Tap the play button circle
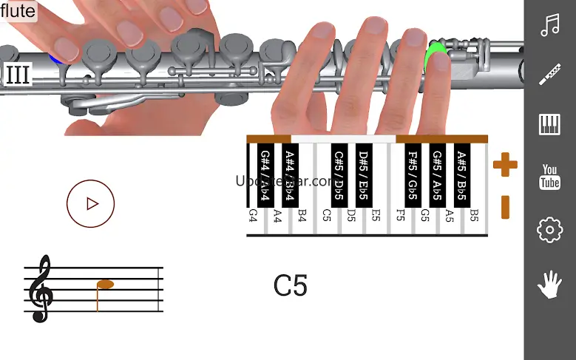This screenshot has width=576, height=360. [91, 203]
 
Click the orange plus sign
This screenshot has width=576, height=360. [505, 164]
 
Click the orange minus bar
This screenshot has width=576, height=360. [505, 207]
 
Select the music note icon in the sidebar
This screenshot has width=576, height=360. [549, 27]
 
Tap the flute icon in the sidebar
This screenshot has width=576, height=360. [549, 75]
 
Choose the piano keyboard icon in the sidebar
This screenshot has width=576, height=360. [549, 124]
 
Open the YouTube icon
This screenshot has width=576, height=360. [549, 177]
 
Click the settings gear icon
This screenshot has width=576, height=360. [549, 231]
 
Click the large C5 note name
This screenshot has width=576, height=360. [290, 286]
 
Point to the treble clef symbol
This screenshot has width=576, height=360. [40, 288]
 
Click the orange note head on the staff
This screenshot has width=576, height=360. [106, 285]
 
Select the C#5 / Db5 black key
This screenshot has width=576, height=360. [339, 175]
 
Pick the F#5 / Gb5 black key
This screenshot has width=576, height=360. [413, 175]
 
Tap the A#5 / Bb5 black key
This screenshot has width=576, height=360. [461, 175]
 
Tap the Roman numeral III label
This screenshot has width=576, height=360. [17, 75]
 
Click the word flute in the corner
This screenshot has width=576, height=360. [18, 11]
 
